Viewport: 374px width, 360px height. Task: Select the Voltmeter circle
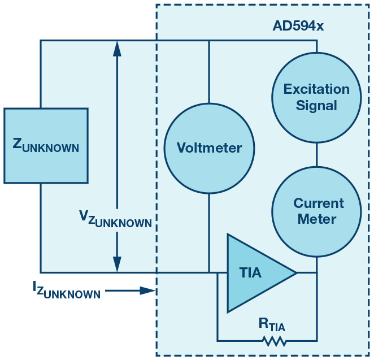[209, 148]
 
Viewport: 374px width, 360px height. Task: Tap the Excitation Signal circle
[316, 97]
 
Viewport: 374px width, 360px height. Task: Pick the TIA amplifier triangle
[254, 273]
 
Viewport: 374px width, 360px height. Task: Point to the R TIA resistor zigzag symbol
[273, 341]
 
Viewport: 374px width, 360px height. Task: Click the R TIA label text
[273, 324]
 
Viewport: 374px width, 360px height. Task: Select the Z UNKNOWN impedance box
[46, 146]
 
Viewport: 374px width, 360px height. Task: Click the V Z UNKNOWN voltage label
[115, 218]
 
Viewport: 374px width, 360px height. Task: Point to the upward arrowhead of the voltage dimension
[117, 49]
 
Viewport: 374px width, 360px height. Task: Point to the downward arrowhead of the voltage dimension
[117, 263]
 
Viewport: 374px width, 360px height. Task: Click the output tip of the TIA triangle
[295, 273]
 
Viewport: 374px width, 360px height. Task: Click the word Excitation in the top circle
[316, 89]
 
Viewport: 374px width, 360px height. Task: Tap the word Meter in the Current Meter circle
[318, 219]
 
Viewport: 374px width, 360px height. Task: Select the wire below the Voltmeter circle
[209, 232]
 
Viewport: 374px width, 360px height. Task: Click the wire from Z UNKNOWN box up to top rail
[41, 73]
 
